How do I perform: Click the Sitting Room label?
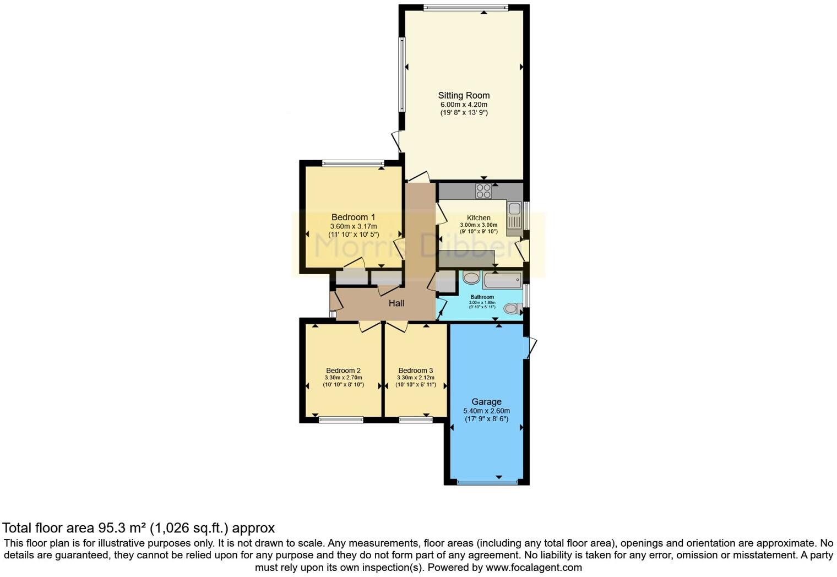464,95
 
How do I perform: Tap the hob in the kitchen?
483,191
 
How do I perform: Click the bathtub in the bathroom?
502,280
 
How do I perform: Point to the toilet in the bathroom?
513,309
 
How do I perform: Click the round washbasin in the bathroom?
471,277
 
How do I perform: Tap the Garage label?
486,402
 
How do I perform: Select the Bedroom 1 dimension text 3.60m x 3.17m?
354,226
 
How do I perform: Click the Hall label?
396,303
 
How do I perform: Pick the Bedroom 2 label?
343,371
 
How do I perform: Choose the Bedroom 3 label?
416,371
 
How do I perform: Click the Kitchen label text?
479,218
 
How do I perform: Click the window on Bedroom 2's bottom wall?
341,420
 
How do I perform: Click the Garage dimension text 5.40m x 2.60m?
486,411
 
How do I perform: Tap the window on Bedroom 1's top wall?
353,163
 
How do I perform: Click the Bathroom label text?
482,297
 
